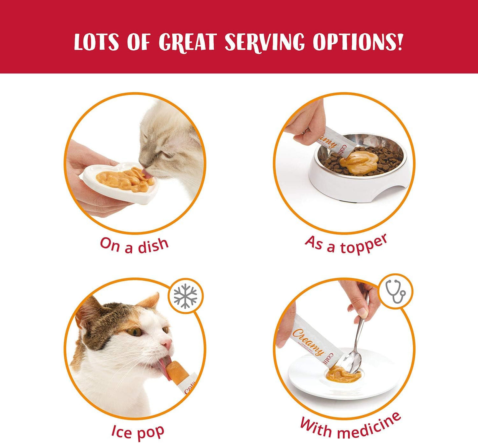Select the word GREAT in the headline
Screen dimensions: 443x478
(x=187, y=42)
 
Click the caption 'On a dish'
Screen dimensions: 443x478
(x=134, y=245)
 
